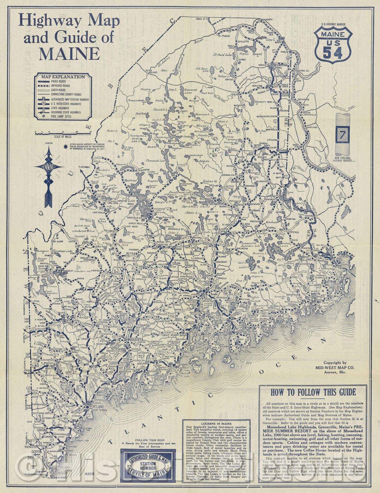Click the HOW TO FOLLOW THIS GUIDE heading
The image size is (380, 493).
[313, 393]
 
